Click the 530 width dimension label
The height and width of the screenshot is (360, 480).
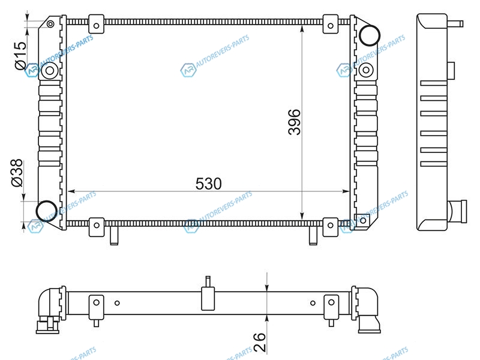tap(208, 184)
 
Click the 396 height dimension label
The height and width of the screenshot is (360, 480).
tap(295, 122)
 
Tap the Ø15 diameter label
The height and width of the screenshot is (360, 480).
tap(21, 55)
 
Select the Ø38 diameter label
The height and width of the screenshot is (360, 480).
tap(17, 173)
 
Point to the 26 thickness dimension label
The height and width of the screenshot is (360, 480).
tap(260, 342)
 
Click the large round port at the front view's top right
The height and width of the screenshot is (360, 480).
tap(370, 35)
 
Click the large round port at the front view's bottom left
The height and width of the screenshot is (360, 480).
tap(47, 211)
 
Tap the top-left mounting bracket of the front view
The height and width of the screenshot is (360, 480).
tap(96, 24)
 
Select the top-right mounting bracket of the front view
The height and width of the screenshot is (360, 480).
tap(331, 24)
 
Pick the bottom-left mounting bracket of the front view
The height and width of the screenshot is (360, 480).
tap(97, 227)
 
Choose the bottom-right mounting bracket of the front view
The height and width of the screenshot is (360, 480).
tap(331, 227)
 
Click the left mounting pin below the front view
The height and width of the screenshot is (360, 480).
tap(114, 236)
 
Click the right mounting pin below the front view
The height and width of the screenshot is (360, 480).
tap(313, 236)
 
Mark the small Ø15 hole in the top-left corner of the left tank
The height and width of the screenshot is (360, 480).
tap(50, 24)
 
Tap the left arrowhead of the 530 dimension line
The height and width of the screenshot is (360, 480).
tap(71, 191)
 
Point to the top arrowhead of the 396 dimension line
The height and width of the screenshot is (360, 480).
tap(302, 29)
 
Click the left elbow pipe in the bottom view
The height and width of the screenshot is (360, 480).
tap(49, 310)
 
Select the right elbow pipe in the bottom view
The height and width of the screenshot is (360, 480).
tap(367, 310)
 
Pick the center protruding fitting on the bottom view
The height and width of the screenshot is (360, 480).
tap(208, 293)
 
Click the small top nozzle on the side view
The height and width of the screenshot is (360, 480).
tap(455, 23)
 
